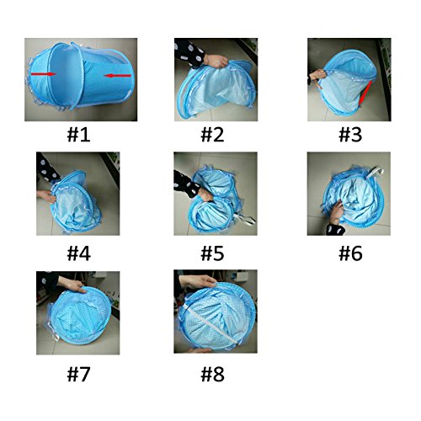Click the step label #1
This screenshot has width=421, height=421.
pos(78,135)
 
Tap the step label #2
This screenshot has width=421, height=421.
pos(212,135)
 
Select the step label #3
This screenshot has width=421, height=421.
pos(350,135)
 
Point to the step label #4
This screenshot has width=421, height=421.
pos(78,253)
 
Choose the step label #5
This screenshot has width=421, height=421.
pos(212,253)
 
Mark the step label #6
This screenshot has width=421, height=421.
pos(350,253)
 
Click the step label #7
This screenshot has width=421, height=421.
pos(78,374)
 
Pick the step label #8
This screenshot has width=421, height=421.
pos(212,374)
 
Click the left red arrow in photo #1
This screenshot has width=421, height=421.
pos(43,74)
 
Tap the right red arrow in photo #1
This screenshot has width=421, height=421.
pos(118,75)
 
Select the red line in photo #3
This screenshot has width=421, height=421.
pos(365,93)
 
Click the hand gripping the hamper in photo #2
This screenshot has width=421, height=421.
pos(216,61)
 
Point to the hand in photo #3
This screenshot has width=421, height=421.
pos(317,75)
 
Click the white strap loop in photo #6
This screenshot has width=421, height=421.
pos(375,172)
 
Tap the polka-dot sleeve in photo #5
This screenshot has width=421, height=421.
pos(185,184)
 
